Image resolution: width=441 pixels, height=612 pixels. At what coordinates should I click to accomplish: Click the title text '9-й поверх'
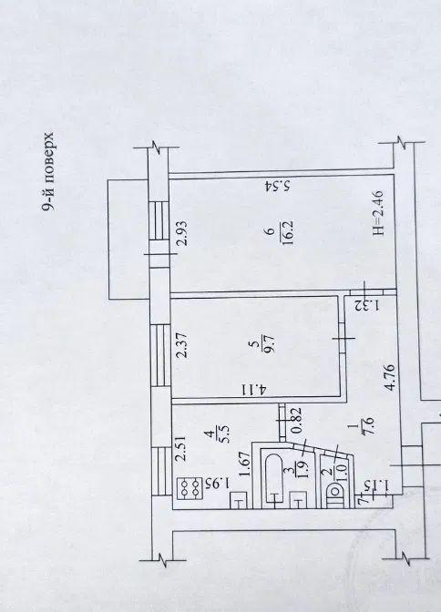tap(48, 172)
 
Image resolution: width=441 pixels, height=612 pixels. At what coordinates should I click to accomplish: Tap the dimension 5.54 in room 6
tap(277, 186)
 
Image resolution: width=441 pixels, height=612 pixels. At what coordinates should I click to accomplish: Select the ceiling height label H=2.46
tap(378, 213)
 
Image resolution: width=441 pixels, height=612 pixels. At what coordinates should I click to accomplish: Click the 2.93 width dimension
tap(182, 233)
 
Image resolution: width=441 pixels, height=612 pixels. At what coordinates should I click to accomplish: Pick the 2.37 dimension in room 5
tap(181, 345)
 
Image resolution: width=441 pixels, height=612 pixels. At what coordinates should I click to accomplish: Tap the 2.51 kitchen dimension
tap(180, 449)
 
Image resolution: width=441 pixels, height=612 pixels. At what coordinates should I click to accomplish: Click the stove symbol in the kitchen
tap(190, 488)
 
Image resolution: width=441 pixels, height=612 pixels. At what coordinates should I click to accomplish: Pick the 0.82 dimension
tap(296, 421)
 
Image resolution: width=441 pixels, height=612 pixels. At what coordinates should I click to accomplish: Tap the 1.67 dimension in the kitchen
tap(245, 464)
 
